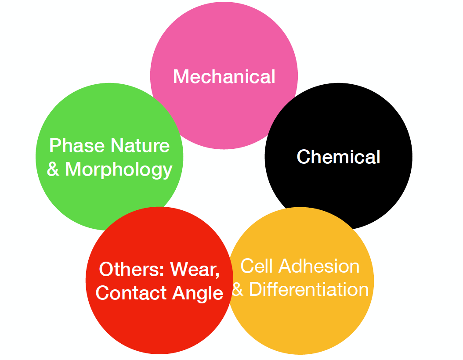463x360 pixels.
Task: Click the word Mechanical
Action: tap(224, 77)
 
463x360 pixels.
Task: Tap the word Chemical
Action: tap(338, 157)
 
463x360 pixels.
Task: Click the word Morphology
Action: tap(119, 170)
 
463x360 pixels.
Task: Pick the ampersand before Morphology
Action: tap(53, 169)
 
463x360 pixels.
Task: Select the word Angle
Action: tap(198, 293)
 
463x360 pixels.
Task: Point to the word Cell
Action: tap(253, 266)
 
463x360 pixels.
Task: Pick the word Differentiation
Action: tap(309, 290)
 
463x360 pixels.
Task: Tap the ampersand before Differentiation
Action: tap(238, 290)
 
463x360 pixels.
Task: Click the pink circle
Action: tap(224, 40)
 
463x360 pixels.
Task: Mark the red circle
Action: tap(158, 325)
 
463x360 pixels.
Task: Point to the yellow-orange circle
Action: tap(307, 325)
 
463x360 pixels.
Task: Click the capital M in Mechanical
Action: tap(181, 77)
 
